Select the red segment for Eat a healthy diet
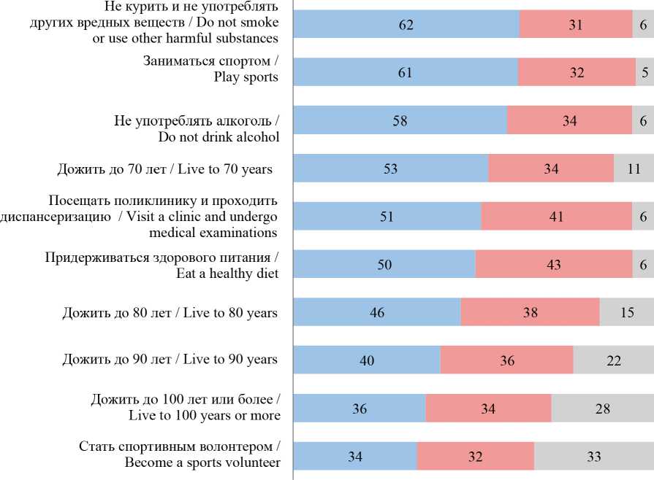click(x=553, y=265)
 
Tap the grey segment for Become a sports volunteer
click(x=593, y=457)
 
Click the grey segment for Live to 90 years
click(x=612, y=360)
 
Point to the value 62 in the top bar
click(x=406, y=25)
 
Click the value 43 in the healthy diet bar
click(x=553, y=265)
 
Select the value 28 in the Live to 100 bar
click(x=602, y=409)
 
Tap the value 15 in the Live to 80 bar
click(x=626, y=313)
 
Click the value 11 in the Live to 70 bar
click(x=633, y=169)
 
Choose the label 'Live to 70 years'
click(x=164, y=169)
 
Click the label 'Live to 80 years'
click(x=170, y=313)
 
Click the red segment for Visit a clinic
click(x=556, y=217)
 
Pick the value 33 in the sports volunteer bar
click(x=593, y=457)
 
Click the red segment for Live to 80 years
click(x=530, y=313)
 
